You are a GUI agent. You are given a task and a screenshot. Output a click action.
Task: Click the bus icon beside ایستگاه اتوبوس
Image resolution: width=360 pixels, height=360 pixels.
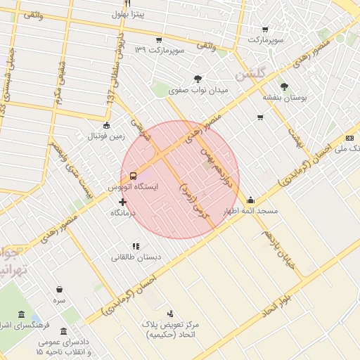coord(134,176)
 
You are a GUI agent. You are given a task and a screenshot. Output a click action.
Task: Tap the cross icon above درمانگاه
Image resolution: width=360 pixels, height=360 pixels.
coord(122,202)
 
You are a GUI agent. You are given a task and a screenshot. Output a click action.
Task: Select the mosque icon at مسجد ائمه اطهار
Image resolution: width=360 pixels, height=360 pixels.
coord(250,200)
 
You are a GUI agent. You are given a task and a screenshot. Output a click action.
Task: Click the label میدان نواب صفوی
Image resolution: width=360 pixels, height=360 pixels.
coord(202,91)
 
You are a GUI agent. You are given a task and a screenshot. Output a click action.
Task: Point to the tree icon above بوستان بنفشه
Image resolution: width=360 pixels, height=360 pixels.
coord(284,86)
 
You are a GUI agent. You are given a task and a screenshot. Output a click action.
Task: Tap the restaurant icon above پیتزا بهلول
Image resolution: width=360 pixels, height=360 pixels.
coord(128,4)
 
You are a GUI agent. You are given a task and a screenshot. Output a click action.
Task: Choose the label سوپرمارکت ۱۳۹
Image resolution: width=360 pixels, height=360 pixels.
coord(160,50)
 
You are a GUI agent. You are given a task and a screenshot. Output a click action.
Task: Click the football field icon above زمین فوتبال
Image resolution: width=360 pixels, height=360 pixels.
coord(106,125)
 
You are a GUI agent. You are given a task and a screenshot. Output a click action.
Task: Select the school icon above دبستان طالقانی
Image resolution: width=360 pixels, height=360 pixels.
coord(136,246)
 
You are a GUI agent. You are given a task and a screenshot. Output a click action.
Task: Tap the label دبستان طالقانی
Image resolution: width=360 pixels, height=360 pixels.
coord(136,257)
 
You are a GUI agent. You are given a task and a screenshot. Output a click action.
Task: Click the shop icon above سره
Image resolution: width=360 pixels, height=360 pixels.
coord(59,289)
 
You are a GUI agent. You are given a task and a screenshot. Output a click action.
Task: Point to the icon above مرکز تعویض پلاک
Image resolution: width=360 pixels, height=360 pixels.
coord(169,313)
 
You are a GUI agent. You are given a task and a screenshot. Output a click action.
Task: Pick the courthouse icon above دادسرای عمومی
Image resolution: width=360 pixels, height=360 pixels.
coord(64,331)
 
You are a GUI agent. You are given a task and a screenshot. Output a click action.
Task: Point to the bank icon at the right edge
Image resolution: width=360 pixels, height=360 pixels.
coord(349,139)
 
